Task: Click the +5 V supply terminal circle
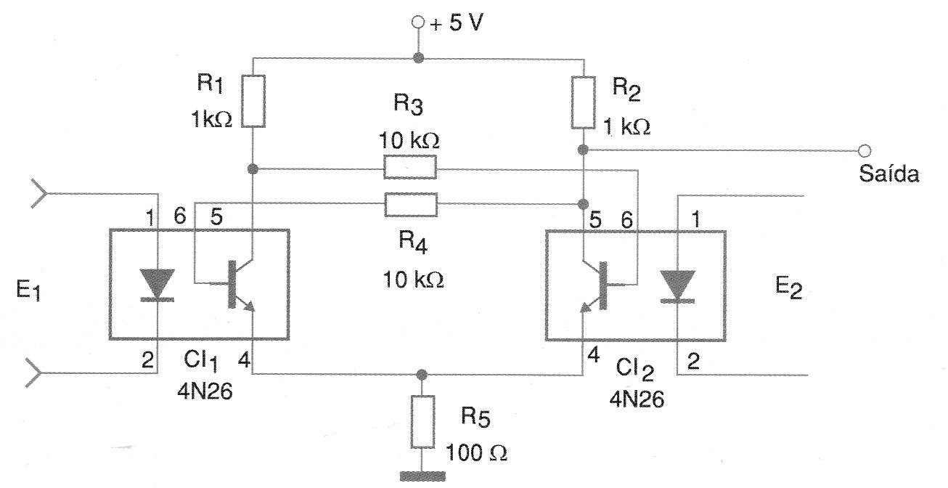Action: click(417, 23)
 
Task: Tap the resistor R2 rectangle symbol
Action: click(583, 102)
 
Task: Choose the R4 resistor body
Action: click(410, 204)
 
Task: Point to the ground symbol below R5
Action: click(421, 476)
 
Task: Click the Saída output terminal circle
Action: click(863, 150)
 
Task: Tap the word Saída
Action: click(888, 175)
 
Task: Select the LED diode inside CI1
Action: click(157, 284)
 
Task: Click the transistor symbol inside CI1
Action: click(232, 283)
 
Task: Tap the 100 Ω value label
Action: click(477, 452)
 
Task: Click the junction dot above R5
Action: click(421, 374)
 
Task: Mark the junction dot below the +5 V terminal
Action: click(417, 57)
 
